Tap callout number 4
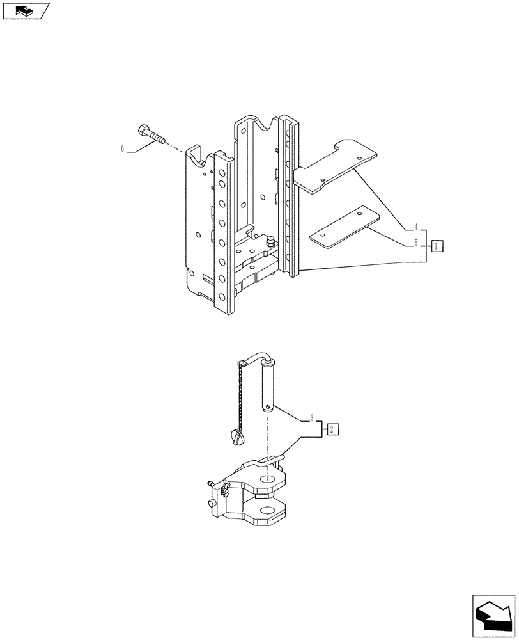click(x=416, y=227)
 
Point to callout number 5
click(x=416, y=243)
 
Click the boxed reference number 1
click(x=437, y=246)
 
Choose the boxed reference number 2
click(x=333, y=429)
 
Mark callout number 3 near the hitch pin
click(x=311, y=419)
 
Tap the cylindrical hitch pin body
click(x=269, y=386)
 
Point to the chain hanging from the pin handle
click(x=240, y=397)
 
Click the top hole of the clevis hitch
click(x=269, y=477)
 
